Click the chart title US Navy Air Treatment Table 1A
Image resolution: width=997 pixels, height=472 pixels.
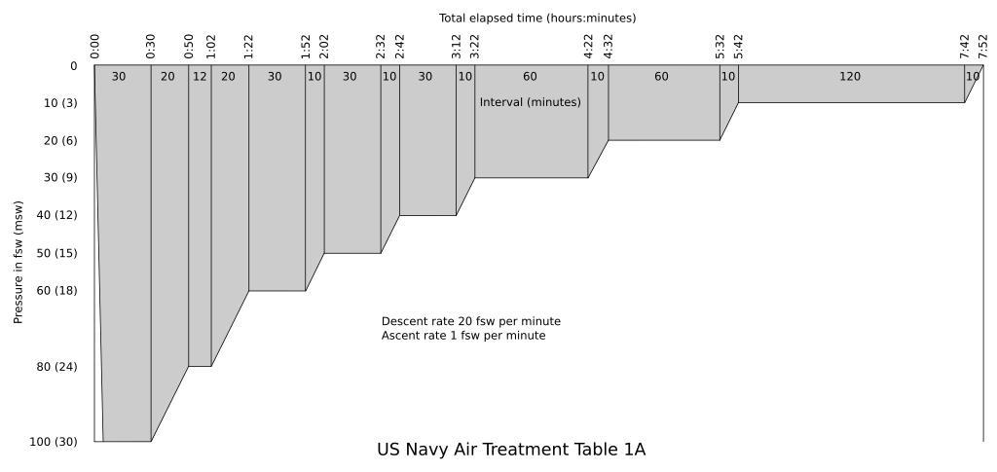click(x=510, y=450)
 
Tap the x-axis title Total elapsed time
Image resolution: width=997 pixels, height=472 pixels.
click(x=536, y=18)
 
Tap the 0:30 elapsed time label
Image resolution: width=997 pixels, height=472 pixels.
click(x=151, y=47)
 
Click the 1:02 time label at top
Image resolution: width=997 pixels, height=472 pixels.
click(x=211, y=47)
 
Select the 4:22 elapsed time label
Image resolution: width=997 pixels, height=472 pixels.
click(x=588, y=47)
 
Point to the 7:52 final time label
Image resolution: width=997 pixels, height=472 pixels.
click(x=983, y=47)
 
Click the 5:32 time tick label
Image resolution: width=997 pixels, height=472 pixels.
click(x=720, y=47)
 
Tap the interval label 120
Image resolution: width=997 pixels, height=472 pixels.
click(x=850, y=77)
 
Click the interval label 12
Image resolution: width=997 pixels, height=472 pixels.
click(x=200, y=77)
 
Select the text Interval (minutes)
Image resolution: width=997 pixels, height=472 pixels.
click(x=530, y=102)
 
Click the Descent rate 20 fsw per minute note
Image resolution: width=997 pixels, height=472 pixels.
click(x=470, y=321)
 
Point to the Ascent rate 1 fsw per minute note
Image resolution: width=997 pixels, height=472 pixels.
click(x=462, y=336)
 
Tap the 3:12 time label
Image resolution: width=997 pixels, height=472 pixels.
click(x=457, y=47)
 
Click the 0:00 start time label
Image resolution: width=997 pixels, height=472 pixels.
click(x=94, y=47)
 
